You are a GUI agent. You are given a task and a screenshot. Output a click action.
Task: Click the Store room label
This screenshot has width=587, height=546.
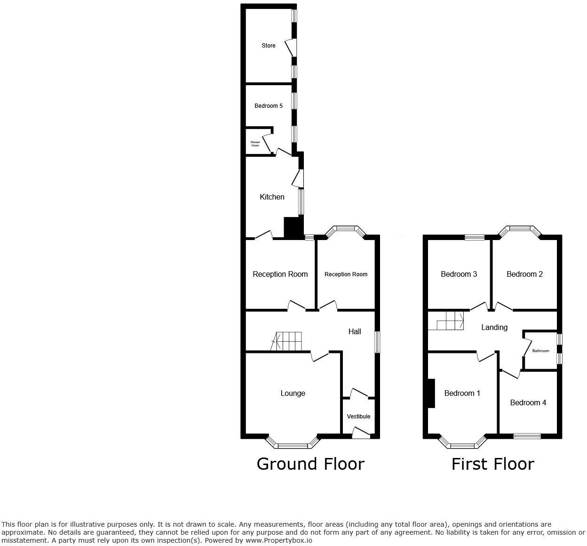tap(269, 46)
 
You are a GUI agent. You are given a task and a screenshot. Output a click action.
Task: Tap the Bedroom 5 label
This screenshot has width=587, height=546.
tap(269, 106)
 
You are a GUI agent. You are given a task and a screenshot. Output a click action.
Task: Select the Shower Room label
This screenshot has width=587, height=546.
tap(255, 144)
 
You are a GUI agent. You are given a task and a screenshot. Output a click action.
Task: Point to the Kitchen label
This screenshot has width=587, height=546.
tap(272, 197)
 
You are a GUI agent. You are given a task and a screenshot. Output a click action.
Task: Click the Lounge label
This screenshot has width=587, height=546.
tap(293, 393)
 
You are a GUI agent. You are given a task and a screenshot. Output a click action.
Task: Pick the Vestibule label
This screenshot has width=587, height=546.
tap(358, 416)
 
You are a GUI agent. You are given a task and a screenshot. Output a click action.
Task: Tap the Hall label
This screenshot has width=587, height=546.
tap(355, 331)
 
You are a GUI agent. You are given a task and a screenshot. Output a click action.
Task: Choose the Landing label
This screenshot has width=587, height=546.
tap(494, 327)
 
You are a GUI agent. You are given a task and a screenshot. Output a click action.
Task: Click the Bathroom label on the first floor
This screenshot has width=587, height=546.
tap(540, 351)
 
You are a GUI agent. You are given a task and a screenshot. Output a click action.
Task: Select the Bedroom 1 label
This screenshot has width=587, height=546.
tap(462, 393)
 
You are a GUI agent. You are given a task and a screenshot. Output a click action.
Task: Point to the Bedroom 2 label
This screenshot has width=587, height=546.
tap(524, 274)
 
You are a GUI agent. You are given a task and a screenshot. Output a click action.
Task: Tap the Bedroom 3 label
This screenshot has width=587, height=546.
tap(459, 274)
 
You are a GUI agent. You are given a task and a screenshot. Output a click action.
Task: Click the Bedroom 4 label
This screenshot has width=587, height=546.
tap(528, 402)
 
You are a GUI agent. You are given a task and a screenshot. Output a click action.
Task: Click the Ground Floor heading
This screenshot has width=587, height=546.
tap(310, 464)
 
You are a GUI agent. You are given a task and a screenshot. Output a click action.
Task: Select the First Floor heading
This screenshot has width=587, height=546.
tap(492, 464)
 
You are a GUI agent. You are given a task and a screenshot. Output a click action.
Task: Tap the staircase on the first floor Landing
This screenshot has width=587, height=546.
tap(450, 321)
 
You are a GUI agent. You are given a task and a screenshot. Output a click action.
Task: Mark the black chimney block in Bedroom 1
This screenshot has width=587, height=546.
tap(430, 393)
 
